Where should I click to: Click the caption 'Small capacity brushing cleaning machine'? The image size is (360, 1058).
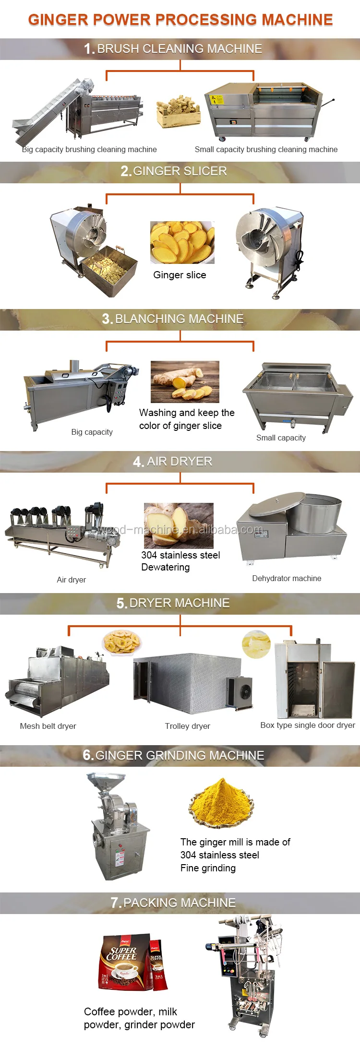266,149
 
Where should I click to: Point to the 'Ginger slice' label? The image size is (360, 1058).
180,275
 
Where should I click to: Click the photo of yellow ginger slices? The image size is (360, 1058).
182,242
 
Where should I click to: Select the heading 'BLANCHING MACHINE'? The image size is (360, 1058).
180,319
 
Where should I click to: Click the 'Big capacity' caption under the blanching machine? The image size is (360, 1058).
92,432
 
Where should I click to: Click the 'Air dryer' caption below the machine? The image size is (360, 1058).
71,580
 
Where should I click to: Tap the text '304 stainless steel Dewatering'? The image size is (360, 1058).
180,561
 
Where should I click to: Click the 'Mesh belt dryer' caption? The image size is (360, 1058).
48,726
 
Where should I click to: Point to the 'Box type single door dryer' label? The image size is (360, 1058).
308,725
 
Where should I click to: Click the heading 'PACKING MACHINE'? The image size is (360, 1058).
180,903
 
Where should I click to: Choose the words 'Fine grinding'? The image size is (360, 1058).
208,868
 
